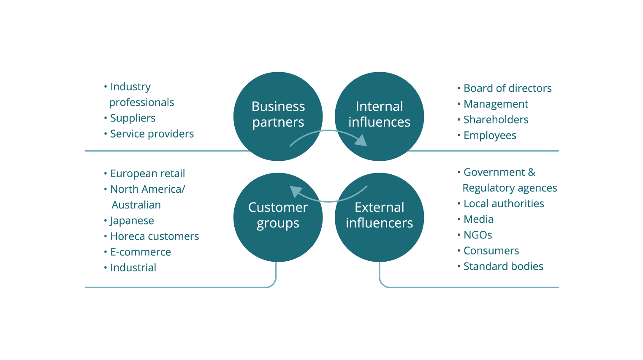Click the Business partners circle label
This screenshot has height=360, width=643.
click(x=278, y=114)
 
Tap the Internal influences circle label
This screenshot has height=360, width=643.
click(x=379, y=114)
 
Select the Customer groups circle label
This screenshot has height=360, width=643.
click(x=278, y=216)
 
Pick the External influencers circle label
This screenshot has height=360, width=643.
click(x=379, y=215)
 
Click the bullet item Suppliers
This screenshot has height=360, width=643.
click(x=133, y=118)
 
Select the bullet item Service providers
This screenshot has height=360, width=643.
click(x=152, y=134)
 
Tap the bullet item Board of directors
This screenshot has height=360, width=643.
click(x=507, y=88)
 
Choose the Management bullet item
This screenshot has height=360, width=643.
click(x=496, y=104)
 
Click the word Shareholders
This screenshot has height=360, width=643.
click(x=496, y=119)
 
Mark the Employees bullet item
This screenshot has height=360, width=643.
click(x=490, y=135)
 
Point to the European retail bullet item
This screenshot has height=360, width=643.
click(x=147, y=173)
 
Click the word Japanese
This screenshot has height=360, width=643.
click(x=132, y=221)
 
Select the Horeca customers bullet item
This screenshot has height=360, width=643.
click(x=155, y=236)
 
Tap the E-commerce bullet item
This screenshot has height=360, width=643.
click(x=140, y=252)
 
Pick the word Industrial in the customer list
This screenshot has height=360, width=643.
click(x=133, y=267)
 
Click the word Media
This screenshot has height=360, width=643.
click(x=478, y=219)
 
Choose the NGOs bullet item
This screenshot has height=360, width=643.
click(x=478, y=235)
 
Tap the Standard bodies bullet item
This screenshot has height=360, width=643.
click(x=503, y=266)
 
